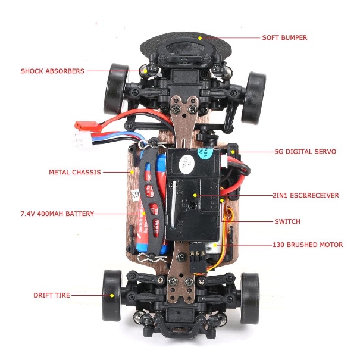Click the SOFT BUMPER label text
(284, 37)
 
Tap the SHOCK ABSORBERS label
(52, 71)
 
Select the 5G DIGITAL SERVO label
(305, 152)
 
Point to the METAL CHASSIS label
(74, 173)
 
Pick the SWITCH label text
(287, 221)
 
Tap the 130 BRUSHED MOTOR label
(307, 245)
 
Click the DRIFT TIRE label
(52, 295)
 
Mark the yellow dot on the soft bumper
(201, 37)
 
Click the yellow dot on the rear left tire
(111, 294)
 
